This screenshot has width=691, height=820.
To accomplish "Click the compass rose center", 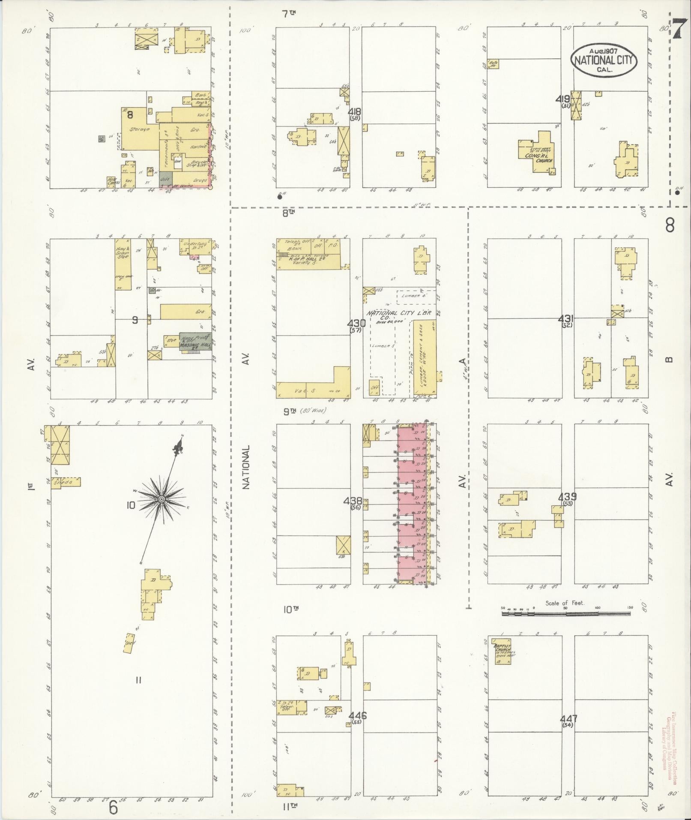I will (x=162, y=499).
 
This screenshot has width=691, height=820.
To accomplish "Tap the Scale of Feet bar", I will (x=565, y=614).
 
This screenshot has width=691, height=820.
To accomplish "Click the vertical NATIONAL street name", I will (x=246, y=467).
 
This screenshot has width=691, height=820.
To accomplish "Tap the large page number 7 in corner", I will (x=678, y=30).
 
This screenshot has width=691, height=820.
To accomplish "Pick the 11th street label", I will (x=290, y=806).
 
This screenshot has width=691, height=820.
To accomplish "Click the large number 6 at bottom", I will (x=113, y=807).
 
